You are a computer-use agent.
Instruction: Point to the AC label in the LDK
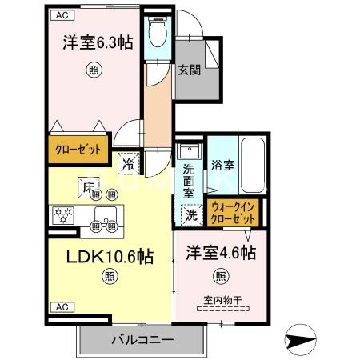[61, 306]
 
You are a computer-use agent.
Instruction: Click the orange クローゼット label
[77, 149]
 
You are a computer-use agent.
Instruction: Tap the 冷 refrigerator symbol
[129, 164]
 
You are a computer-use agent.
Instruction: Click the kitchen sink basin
[105, 214]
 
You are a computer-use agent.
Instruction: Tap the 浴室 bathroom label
[222, 166]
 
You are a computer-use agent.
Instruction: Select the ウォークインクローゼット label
[233, 212]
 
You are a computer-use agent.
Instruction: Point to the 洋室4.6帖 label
[220, 254]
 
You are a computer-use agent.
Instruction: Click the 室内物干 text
[220, 300]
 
